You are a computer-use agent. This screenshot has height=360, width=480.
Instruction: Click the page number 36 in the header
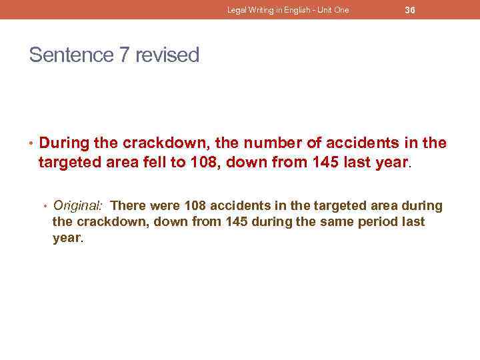[410, 10]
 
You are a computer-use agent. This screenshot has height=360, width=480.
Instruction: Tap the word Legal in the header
[237, 10]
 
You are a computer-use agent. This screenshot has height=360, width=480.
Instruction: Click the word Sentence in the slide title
[71, 55]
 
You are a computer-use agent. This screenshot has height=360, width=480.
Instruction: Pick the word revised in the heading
[167, 55]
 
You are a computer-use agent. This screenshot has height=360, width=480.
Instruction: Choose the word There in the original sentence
[133, 205]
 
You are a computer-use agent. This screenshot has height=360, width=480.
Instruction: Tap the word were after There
[166, 205]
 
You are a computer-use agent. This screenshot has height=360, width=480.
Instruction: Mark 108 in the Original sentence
[196, 205]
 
